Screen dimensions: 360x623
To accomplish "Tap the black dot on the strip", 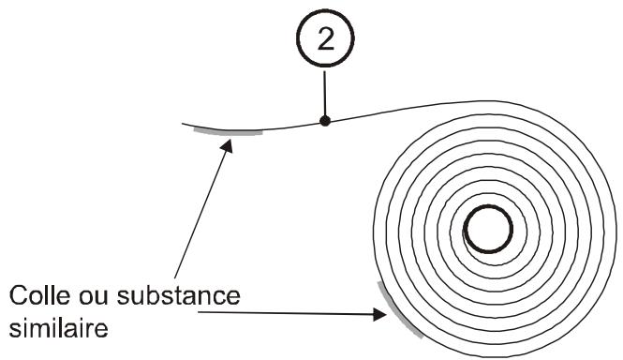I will (x=324, y=120).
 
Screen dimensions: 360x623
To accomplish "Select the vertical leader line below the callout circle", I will (x=324, y=94).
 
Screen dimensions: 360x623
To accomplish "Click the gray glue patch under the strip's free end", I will (x=228, y=133).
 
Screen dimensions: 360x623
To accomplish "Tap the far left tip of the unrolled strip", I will (x=184, y=123).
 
